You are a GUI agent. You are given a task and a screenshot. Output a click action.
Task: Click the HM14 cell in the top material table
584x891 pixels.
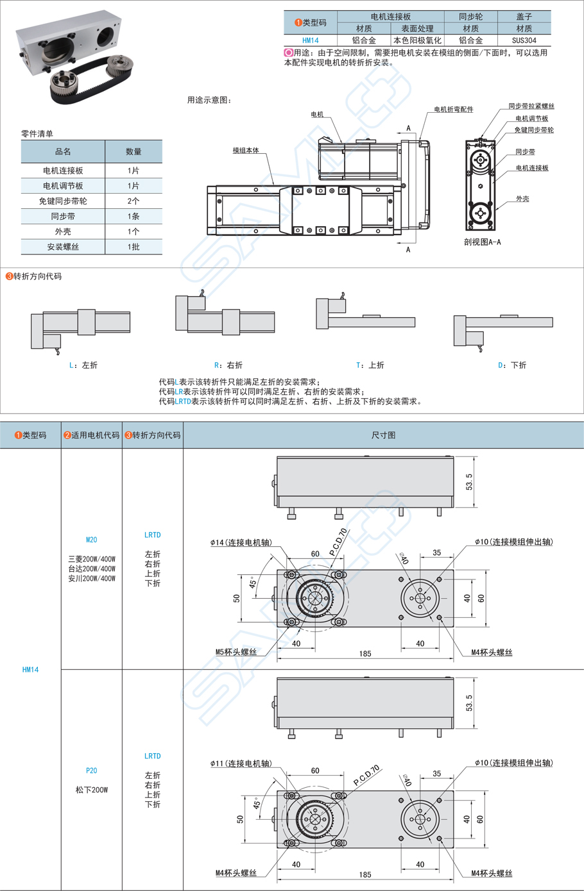click(x=310, y=40)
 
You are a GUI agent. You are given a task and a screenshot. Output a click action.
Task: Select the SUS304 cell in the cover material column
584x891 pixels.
click(x=524, y=40)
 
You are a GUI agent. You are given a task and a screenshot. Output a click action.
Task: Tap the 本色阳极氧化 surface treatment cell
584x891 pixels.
click(x=417, y=40)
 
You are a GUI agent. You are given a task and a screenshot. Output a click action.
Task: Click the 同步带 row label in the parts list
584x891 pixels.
click(x=63, y=217)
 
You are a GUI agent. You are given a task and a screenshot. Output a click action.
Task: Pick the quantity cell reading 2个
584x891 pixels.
click(x=133, y=201)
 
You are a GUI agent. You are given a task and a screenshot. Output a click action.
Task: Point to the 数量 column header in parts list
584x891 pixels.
click(x=133, y=152)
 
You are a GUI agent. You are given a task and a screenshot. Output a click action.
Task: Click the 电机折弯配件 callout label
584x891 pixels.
click(x=453, y=110)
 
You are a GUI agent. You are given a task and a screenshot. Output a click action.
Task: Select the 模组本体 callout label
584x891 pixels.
click(x=246, y=151)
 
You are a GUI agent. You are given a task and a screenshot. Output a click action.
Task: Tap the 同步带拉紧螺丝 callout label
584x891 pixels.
click(x=531, y=106)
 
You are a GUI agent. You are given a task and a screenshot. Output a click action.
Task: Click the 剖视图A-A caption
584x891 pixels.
click(x=482, y=242)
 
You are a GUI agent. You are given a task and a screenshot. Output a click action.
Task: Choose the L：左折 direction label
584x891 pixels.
click(x=83, y=365)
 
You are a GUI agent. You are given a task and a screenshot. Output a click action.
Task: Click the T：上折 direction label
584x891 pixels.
click(x=370, y=365)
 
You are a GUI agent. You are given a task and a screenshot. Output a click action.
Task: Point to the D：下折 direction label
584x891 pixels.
click(x=512, y=365)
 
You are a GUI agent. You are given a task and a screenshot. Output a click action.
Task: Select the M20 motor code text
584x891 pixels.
click(x=92, y=540)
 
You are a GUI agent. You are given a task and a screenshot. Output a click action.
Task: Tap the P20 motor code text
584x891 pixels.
click(x=92, y=770)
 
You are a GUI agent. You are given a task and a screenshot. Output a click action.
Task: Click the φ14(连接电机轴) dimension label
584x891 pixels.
click(x=241, y=543)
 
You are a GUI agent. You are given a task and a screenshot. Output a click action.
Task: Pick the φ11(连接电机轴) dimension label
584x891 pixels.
click(x=241, y=763)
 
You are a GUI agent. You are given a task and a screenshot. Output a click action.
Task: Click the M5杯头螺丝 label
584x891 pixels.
click(x=236, y=652)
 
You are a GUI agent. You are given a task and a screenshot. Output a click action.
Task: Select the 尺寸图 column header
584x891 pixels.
click(x=383, y=435)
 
